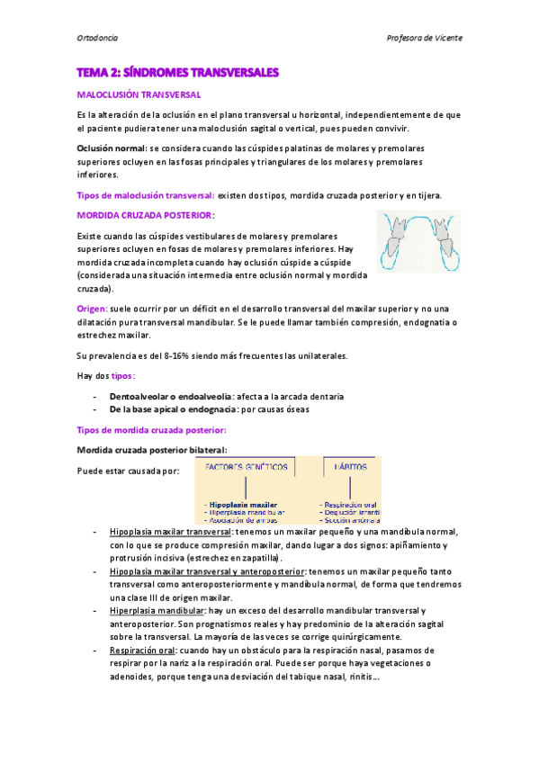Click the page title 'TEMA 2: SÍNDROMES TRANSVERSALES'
[x=178, y=71]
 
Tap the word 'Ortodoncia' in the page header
[x=98, y=38]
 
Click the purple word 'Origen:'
[x=92, y=308]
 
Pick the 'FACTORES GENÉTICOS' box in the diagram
[x=247, y=468]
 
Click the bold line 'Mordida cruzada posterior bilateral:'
[x=152, y=449]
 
